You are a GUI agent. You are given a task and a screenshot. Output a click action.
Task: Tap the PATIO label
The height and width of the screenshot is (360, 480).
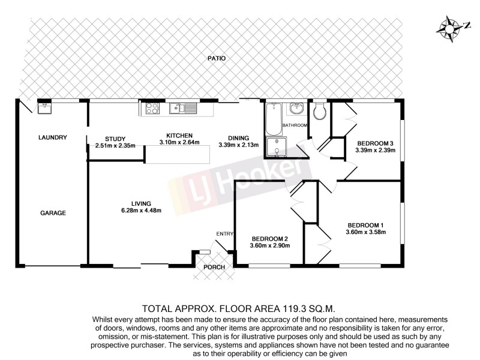217,59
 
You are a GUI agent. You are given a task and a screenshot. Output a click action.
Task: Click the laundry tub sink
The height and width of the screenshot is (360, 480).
44,109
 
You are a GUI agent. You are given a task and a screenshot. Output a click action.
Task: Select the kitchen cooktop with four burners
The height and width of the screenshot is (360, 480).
151,109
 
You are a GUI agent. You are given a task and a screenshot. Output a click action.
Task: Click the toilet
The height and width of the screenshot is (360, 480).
319,109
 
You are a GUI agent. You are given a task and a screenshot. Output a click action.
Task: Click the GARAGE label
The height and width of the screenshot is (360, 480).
53,213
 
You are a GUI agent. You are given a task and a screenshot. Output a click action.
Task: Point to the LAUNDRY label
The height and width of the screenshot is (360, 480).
52,137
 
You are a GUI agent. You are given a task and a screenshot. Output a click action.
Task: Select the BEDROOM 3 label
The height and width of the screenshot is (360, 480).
375,143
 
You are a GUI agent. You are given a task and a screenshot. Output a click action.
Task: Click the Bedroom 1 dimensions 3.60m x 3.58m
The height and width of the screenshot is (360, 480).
365,232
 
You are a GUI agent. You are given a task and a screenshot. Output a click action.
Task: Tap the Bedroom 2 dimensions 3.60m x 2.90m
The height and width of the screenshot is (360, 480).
269,245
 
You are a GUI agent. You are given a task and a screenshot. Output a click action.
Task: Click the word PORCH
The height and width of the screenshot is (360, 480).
214,267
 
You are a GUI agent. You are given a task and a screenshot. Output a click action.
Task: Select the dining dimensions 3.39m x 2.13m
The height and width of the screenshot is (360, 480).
239,145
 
